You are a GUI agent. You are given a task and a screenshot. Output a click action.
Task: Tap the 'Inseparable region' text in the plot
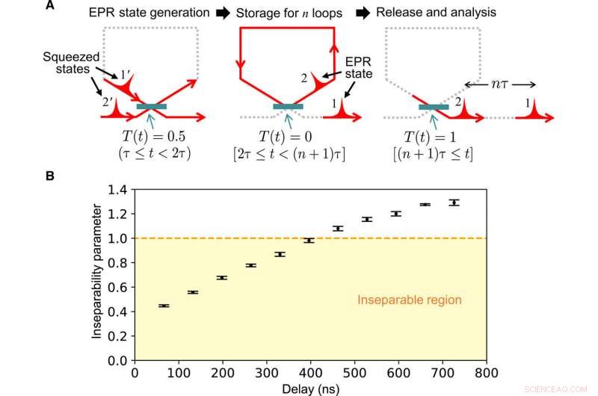click(x=409, y=300)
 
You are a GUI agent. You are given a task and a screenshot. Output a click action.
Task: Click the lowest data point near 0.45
click(x=164, y=306)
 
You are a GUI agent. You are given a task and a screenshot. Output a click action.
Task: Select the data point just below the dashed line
click(x=309, y=241)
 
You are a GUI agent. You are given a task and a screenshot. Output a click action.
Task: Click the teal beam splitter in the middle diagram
click(x=288, y=108)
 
